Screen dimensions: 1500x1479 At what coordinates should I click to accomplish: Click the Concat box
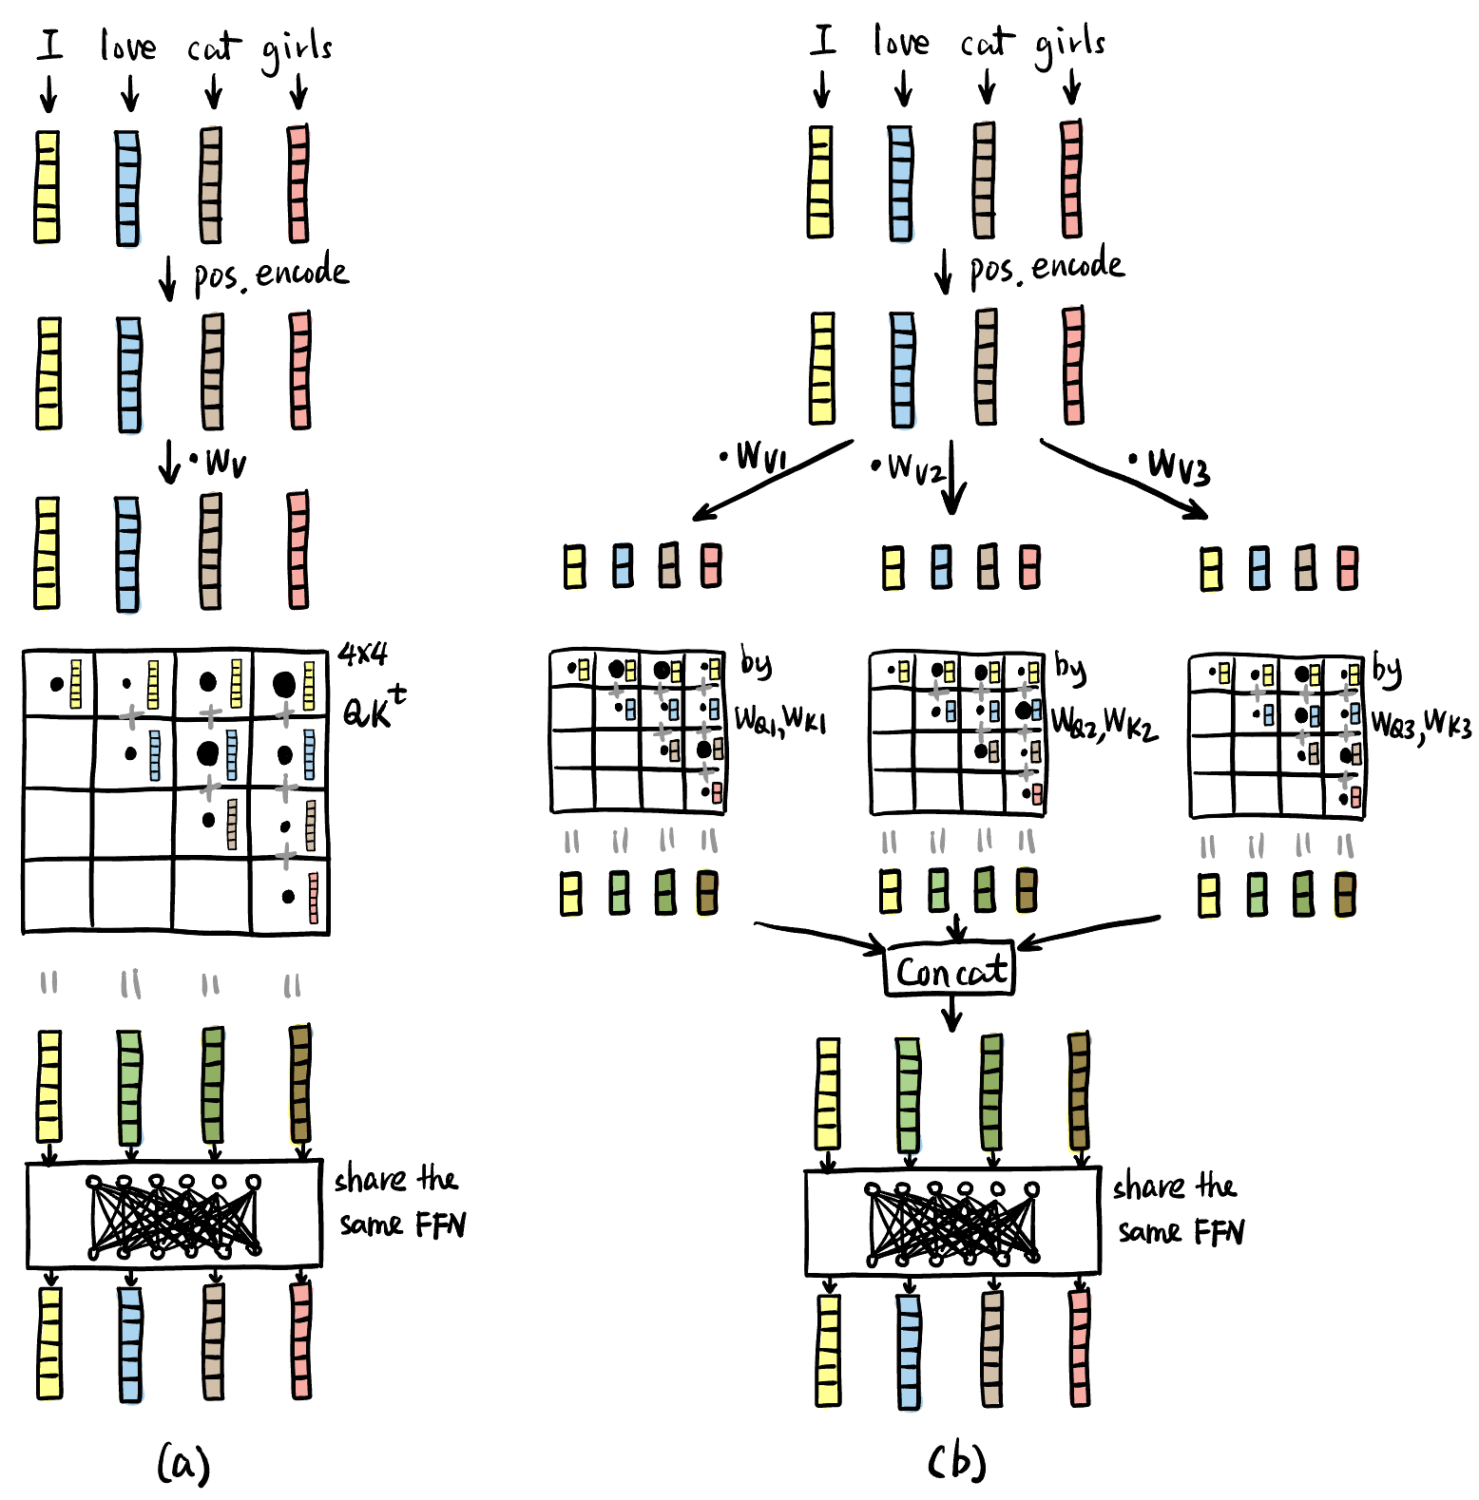(x=950, y=971)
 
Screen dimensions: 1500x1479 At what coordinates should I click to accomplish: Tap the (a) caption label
(x=182, y=1463)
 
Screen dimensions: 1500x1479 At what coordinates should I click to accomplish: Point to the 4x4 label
(x=362, y=654)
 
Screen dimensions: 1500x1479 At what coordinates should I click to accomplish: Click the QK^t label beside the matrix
(x=373, y=709)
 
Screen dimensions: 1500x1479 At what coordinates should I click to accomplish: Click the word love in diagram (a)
(x=127, y=45)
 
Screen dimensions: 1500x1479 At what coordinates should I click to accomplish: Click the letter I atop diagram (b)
(x=823, y=40)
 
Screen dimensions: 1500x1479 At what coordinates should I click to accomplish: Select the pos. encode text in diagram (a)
(x=271, y=274)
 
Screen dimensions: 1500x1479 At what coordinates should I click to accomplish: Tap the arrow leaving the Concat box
(x=951, y=1014)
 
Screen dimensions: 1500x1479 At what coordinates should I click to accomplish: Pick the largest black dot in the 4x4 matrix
(x=283, y=682)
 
